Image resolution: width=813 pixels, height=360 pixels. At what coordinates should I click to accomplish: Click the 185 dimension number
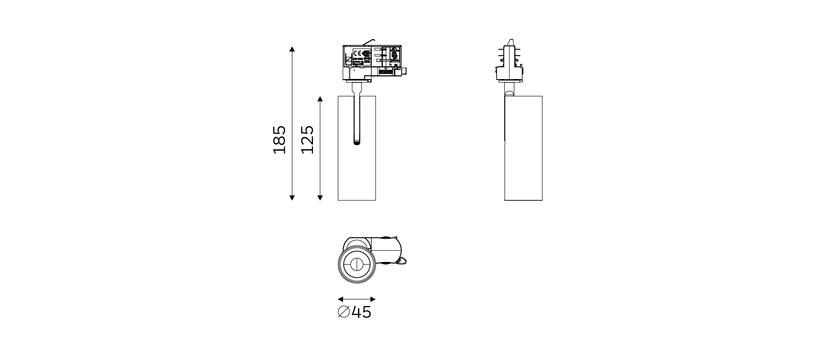[280, 140]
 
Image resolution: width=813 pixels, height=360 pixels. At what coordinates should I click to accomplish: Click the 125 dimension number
[308, 140]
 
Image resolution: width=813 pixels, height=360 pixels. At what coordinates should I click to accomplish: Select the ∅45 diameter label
[355, 313]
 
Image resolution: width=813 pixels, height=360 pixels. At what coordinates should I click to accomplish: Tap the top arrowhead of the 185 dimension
[292, 49]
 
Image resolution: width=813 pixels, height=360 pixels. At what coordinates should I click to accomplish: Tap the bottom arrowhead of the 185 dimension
[292, 198]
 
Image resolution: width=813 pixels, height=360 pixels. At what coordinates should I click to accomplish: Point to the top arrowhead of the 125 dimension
[320, 99]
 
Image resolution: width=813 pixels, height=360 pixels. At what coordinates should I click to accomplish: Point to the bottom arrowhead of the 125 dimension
[320, 198]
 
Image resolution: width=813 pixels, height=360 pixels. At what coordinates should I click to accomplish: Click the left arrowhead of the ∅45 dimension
[340, 299]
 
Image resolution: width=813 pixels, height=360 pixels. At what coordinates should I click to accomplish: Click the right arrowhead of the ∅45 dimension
[373, 299]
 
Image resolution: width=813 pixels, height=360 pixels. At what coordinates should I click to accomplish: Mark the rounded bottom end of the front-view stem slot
[357, 142]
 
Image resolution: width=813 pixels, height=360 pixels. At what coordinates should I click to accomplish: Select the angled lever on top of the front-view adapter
[369, 42]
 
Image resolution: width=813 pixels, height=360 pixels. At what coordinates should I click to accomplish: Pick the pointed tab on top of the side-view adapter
[510, 42]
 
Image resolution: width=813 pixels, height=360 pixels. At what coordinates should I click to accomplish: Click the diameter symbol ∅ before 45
[344, 313]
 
